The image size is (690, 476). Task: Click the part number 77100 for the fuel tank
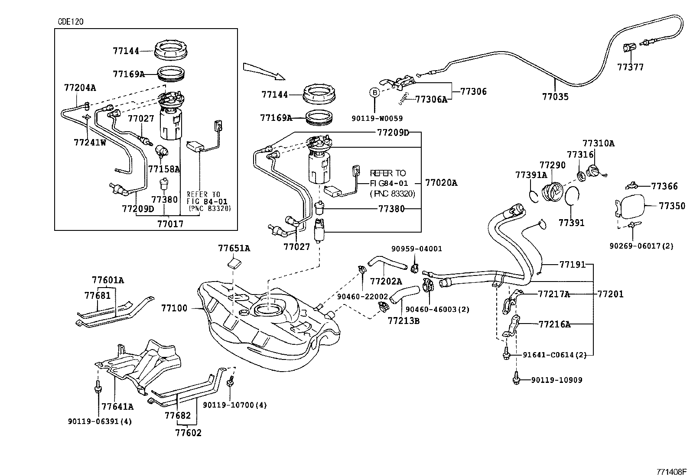(174, 308)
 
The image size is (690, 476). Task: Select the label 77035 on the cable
(555, 97)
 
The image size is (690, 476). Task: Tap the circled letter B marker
(374, 92)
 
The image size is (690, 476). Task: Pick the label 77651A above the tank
(234, 248)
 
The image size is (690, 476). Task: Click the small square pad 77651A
(234, 262)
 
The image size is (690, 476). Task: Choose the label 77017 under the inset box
(170, 224)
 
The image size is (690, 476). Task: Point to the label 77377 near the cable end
(631, 67)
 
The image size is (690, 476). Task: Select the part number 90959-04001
(417, 249)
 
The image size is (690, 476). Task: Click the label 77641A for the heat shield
(117, 406)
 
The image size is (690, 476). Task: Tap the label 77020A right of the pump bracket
(441, 183)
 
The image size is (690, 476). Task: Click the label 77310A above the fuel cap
(598, 143)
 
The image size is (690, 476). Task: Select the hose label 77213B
(403, 321)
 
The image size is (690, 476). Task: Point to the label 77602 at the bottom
(188, 432)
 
